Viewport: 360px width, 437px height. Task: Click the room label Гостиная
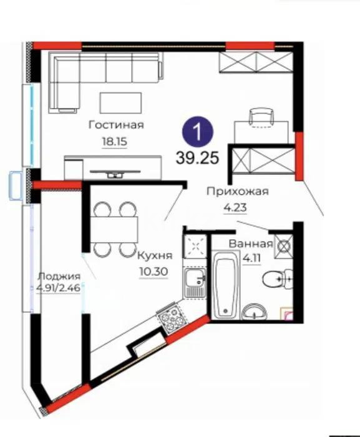coord(116,125)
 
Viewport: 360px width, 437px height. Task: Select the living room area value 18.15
coord(114,141)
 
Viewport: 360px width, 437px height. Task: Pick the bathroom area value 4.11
coord(251,256)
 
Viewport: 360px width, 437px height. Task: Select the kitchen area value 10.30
coord(152,272)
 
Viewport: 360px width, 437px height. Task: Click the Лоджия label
coord(59,277)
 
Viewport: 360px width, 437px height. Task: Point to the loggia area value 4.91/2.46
coord(59,288)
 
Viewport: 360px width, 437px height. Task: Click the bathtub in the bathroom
coord(223,284)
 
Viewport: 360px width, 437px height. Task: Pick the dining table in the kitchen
coord(114,228)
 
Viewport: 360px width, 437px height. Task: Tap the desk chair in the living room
coord(260,116)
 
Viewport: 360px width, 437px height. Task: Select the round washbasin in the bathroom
coord(253,310)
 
